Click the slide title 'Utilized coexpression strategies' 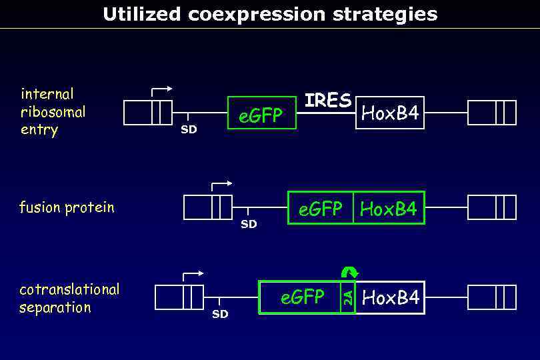270,14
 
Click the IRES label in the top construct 327,101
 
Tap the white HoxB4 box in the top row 390,113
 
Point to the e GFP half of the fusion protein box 321,208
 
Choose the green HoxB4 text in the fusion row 389,209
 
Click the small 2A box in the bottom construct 347,297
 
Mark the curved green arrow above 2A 349,271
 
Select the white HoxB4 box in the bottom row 390,297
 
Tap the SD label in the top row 189,129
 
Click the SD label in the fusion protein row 249,224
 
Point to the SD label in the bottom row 220,314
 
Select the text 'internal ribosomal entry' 53,111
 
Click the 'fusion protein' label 67,207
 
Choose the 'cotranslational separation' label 69,298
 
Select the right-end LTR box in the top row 492,113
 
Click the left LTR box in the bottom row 179,297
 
